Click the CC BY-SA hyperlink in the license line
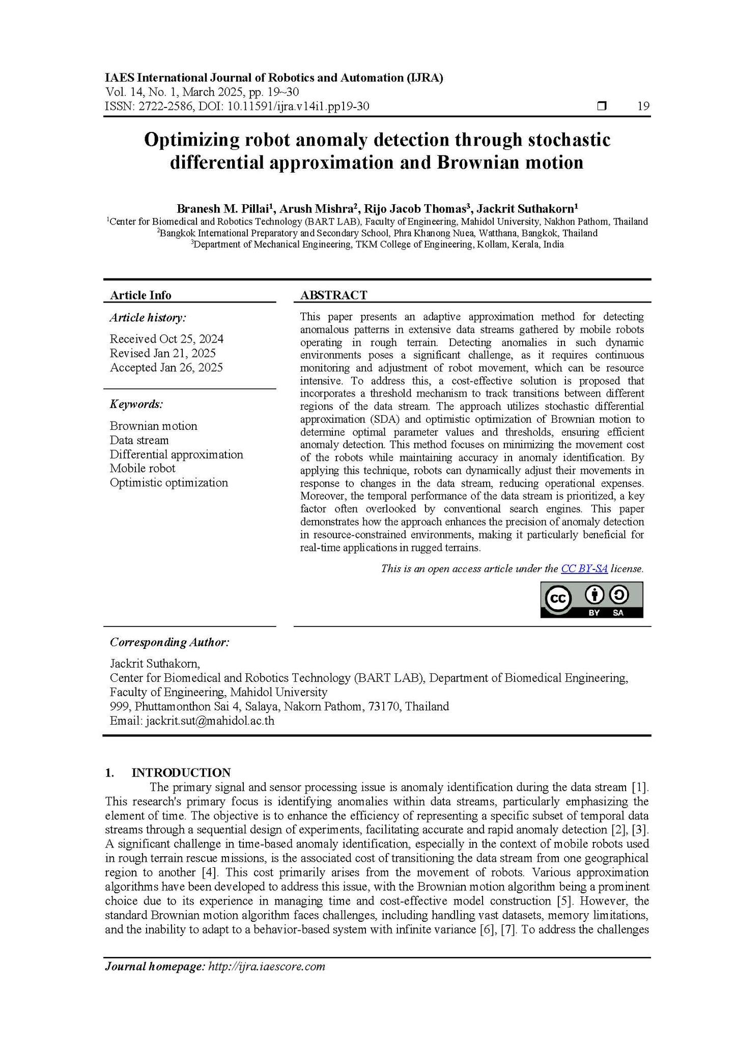pos(584,568)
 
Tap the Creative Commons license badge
pos(591,599)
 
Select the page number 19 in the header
pos(643,106)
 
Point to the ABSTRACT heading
pos(333,295)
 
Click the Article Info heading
pos(140,295)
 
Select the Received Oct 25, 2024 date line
pos(166,339)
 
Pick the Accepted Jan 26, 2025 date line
pos(166,368)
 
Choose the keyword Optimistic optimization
pos(168,482)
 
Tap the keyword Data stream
pos(139,440)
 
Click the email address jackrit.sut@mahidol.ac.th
pos(210,721)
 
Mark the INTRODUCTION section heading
pos(181,773)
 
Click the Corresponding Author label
pos(169,642)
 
